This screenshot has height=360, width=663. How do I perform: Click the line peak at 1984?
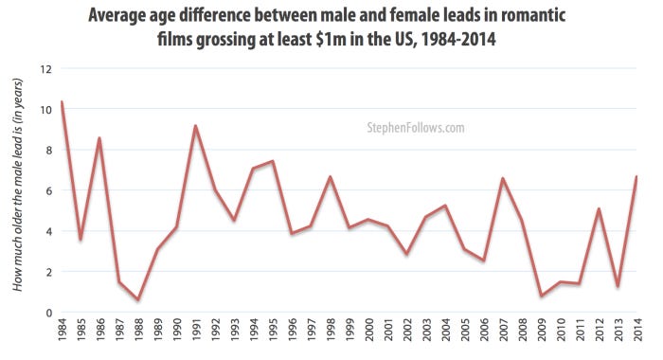click(x=62, y=102)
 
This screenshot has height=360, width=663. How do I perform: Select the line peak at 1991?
click(x=195, y=126)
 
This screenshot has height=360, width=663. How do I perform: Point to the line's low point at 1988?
click(x=138, y=299)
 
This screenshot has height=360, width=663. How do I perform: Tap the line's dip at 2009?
click(x=540, y=297)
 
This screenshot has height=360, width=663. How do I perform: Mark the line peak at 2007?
click(x=502, y=178)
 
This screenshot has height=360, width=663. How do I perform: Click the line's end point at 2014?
click(x=636, y=177)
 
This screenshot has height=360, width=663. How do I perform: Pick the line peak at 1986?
click(x=99, y=138)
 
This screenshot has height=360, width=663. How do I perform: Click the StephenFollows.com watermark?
click(x=415, y=126)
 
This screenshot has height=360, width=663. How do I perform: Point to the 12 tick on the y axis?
click(x=45, y=69)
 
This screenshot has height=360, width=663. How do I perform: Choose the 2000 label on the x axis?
click(x=368, y=337)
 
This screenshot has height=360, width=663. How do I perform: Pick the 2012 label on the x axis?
click(x=599, y=337)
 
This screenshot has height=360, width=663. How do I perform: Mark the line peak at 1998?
click(x=330, y=177)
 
